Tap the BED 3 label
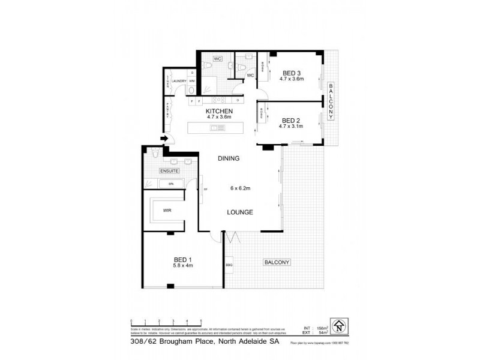[292, 73]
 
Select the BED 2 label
[290, 119]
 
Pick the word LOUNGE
[239, 212]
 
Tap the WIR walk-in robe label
[167, 210]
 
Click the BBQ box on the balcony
[229, 265]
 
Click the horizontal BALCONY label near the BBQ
[277, 262]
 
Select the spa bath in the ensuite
[171, 184]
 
